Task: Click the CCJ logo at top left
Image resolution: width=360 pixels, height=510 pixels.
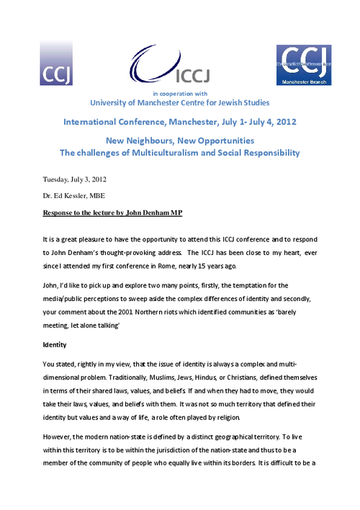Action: [57, 64]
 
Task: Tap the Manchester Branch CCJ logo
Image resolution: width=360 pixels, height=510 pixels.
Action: [303, 66]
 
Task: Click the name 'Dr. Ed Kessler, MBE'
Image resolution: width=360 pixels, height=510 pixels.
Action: [73, 197]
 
